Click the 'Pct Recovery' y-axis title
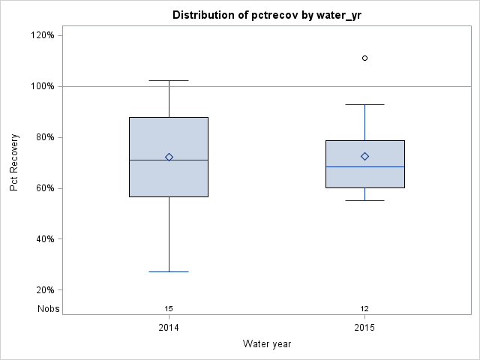[14, 163]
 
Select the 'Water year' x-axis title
[267, 344]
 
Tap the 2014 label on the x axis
[169, 328]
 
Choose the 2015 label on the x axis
[364, 328]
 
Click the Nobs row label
[49, 308]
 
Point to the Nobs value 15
[169, 308]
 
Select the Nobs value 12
[364, 308]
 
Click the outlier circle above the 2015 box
[364, 58]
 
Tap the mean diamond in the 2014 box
[169, 157]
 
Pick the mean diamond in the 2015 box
[364, 156]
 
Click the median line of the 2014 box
[150, 160]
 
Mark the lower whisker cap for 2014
[169, 271]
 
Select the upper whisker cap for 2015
[364, 104]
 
